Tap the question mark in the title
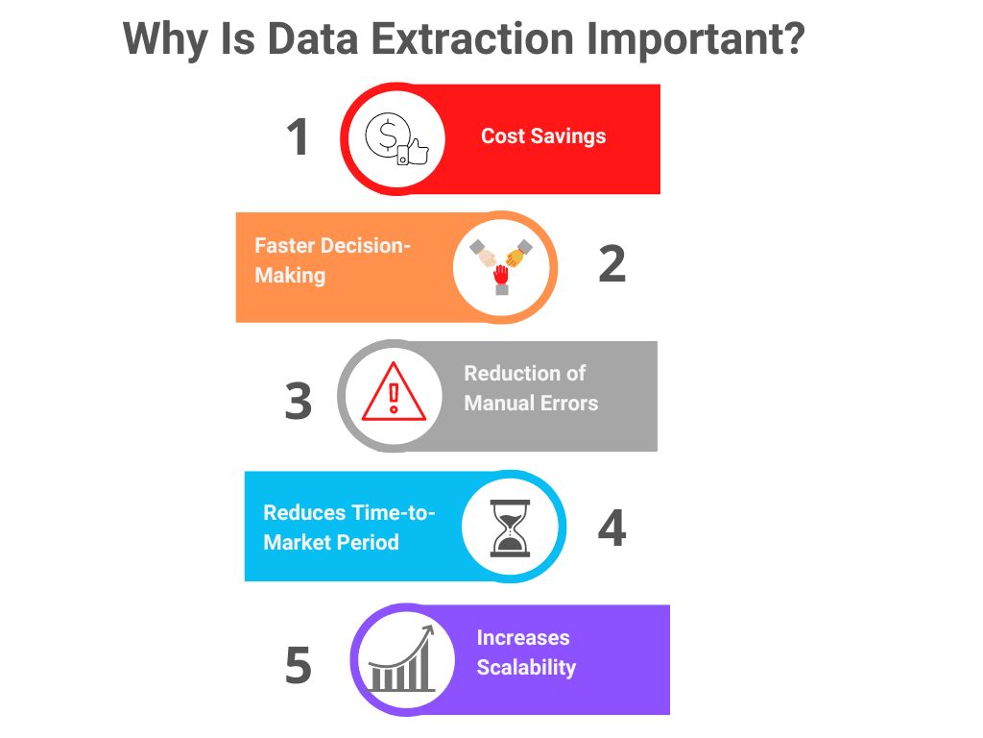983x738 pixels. (x=792, y=38)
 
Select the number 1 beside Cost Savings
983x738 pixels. (x=298, y=136)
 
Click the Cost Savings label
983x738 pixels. (x=543, y=136)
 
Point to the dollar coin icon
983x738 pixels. (x=387, y=135)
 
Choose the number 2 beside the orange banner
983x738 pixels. (x=612, y=263)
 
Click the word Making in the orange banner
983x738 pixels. (x=290, y=276)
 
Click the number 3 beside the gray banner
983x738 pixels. (x=299, y=401)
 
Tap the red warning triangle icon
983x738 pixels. (x=394, y=392)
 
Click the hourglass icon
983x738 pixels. (x=510, y=528)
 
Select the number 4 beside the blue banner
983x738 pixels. (x=612, y=528)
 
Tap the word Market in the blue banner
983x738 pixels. (x=297, y=542)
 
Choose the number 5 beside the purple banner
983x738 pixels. (x=299, y=665)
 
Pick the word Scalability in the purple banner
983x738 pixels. (x=526, y=668)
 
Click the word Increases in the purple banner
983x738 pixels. (x=523, y=638)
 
